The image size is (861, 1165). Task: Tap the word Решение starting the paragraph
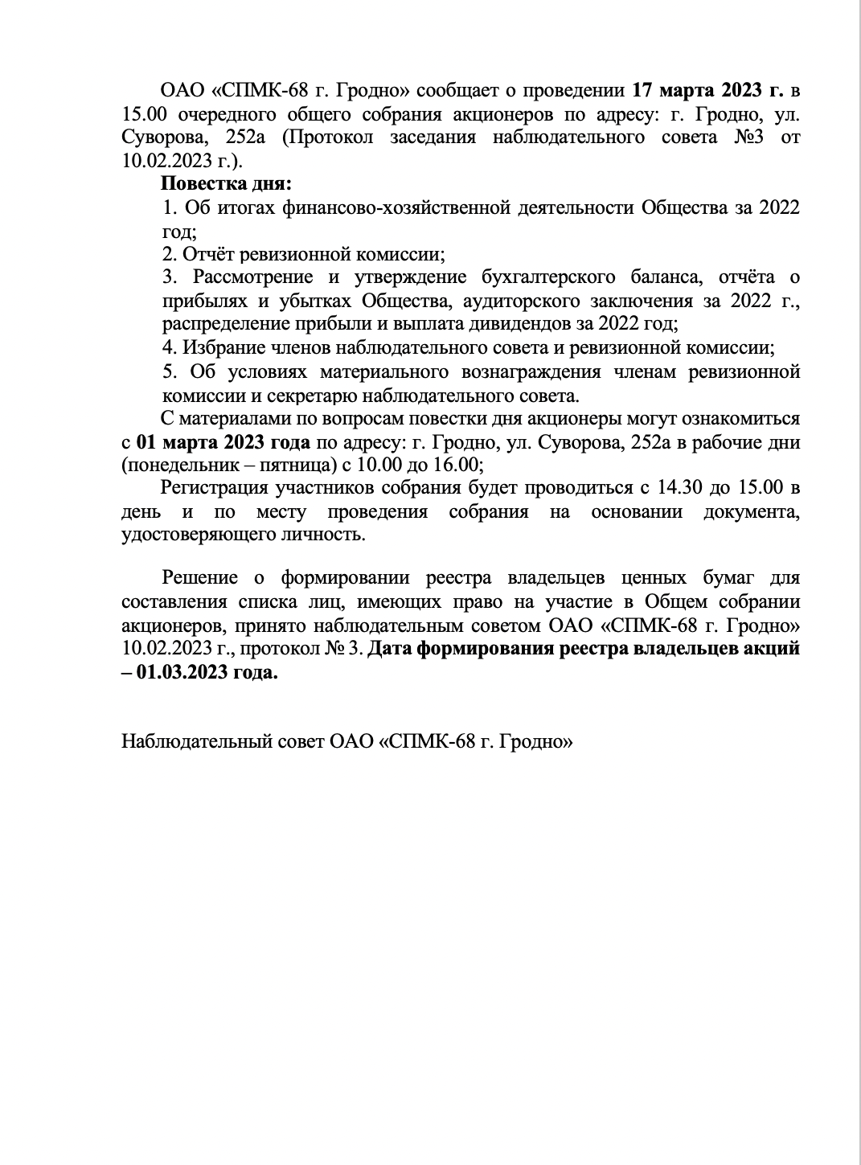(x=199, y=578)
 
